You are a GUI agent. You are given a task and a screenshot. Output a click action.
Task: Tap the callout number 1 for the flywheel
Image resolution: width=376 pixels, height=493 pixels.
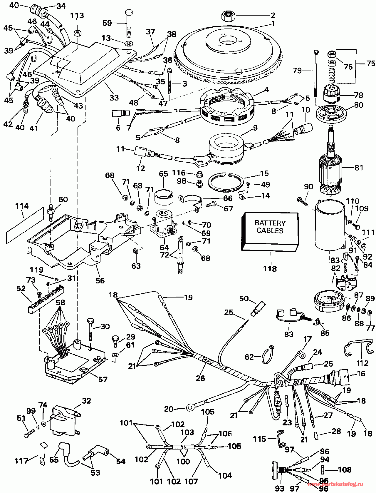pyautogui.click(x=273, y=24)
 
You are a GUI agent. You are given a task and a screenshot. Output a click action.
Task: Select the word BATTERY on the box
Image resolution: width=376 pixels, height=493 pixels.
pyautogui.click(x=270, y=223)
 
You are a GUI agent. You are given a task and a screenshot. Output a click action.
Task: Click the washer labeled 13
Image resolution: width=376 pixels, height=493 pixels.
pyautogui.click(x=128, y=44)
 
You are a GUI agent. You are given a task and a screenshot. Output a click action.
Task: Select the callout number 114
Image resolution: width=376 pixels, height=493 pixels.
pyautogui.click(x=22, y=206)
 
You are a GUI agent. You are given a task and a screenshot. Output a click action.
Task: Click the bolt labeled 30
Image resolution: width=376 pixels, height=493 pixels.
pyautogui.click(x=90, y=332)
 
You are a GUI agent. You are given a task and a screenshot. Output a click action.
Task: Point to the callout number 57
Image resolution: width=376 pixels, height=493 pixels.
pyautogui.click(x=103, y=379)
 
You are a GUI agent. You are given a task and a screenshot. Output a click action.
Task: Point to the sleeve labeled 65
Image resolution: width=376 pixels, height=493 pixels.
pyautogui.click(x=163, y=194)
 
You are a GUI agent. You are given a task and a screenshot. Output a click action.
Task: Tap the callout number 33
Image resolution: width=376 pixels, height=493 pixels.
pyautogui.click(x=114, y=97)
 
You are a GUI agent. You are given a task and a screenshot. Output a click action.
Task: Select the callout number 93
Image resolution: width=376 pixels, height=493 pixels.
pyautogui.click(x=280, y=488)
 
